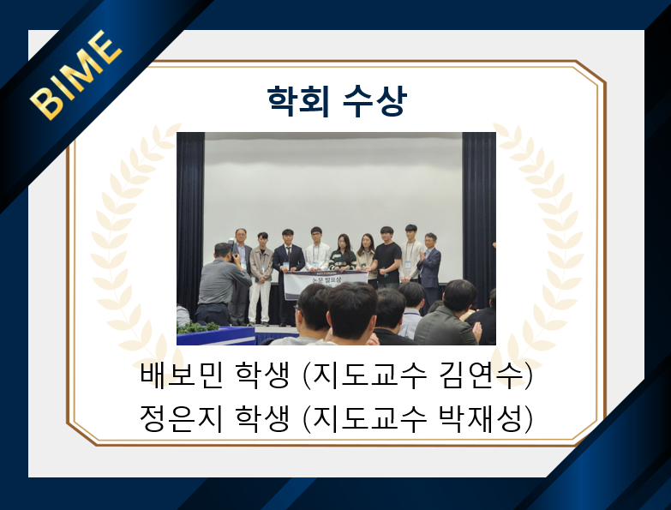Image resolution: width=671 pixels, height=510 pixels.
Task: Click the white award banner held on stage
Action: pos(326,281)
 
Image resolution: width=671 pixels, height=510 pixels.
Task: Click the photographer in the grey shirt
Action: pos(221,283)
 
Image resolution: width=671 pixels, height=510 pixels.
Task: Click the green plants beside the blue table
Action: pos(199,327)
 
